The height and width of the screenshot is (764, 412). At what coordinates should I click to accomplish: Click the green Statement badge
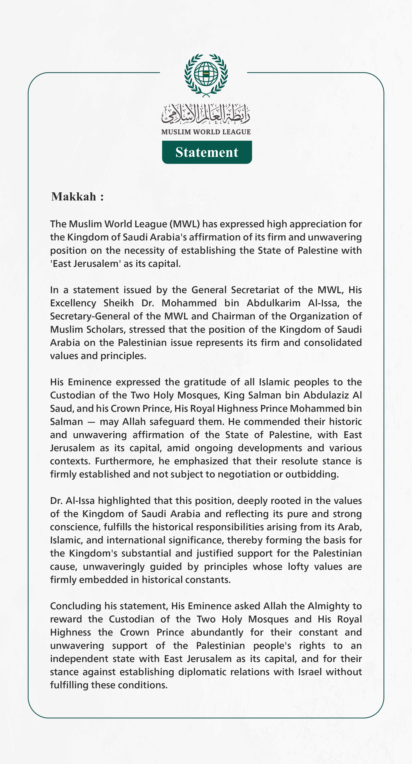(x=207, y=152)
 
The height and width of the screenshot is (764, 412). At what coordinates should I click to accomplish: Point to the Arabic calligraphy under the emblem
(x=206, y=114)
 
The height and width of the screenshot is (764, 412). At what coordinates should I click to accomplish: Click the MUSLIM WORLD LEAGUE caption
(x=206, y=132)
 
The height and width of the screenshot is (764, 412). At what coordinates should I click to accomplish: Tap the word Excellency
(x=73, y=303)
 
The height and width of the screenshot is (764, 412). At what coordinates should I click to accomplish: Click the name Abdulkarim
(x=273, y=303)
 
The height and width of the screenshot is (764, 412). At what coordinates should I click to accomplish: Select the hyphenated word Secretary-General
(x=90, y=316)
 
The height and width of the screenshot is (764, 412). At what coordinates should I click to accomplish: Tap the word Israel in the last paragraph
(x=310, y=672)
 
